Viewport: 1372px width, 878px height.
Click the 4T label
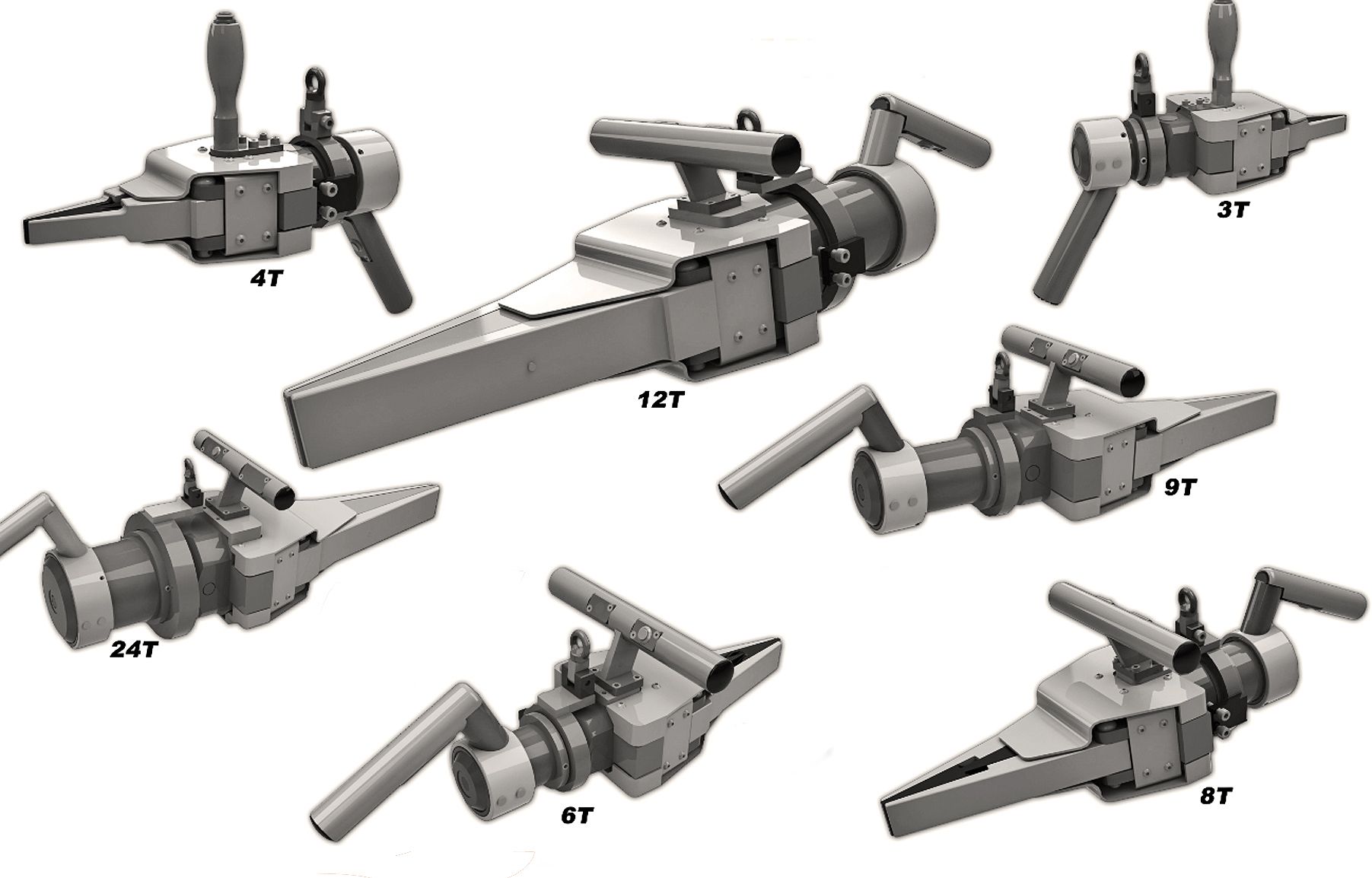(x=267, y=278)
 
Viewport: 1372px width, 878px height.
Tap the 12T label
(x=662, y=399)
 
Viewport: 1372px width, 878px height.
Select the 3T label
(x=1233, y=210)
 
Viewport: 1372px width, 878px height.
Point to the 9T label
(x=1180, y=487)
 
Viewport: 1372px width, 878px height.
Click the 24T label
(x=134, y=650)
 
